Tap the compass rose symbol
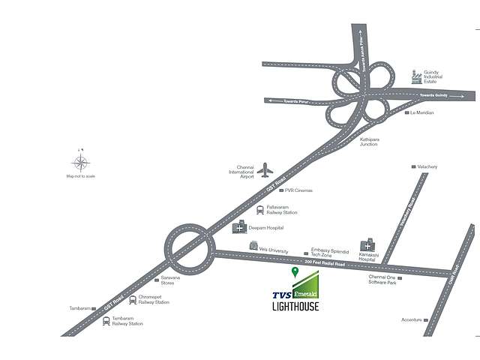click(x=82, y=162)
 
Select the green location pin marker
click(x=295, y=271)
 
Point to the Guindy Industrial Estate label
click(x=441, y=76)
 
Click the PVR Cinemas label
click(x=298, y=190)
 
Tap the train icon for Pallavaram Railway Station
click(x=260, y=210)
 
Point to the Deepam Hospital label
click(x=265, y=227)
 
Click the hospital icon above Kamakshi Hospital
click(x=367, y=245)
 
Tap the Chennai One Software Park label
click(x=381, y=281)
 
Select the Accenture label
click(x=411, y=319)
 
